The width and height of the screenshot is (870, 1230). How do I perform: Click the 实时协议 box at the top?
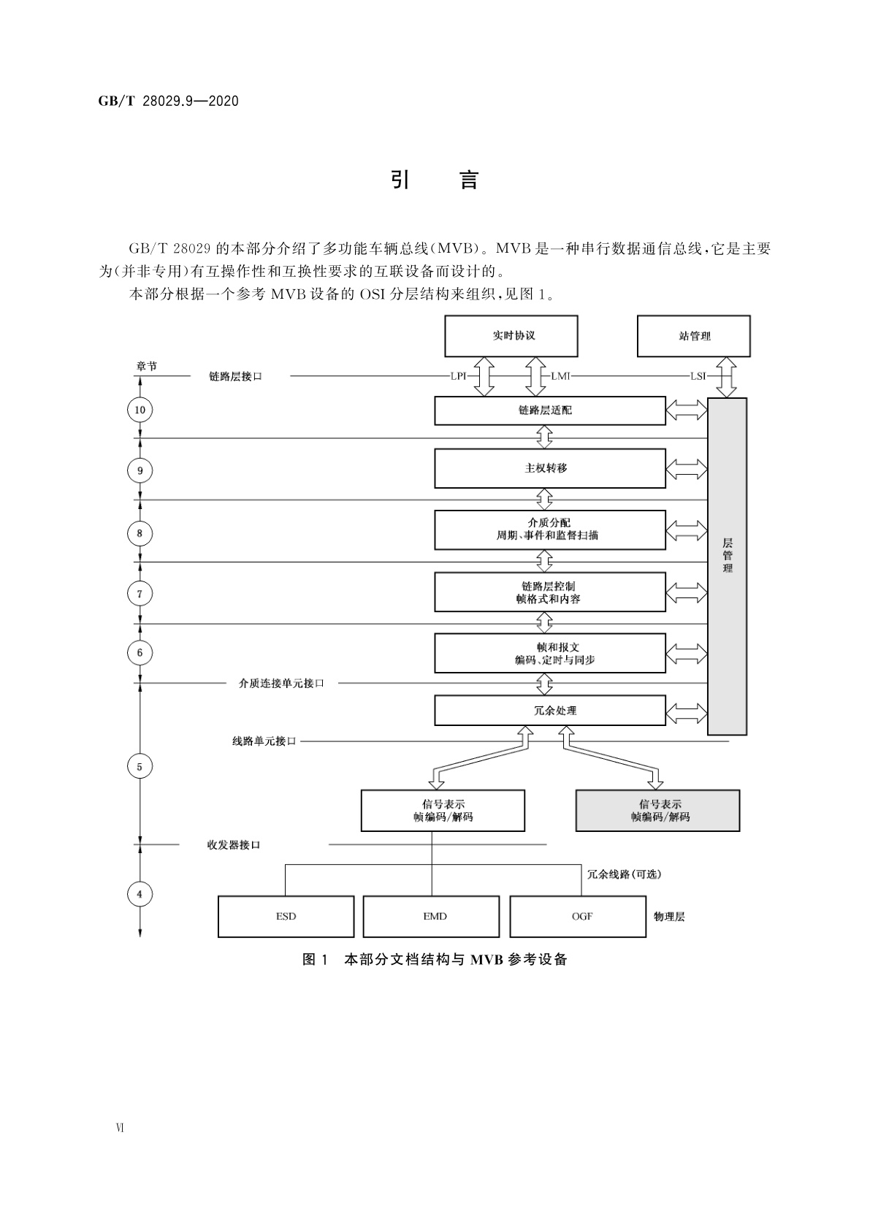point(511,336)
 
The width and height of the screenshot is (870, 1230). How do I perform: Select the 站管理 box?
point(693,336)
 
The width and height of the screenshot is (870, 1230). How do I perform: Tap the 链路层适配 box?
point(549,410)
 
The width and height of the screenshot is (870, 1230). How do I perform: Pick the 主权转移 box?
point(549,468)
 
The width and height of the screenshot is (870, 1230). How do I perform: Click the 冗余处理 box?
point(549,710)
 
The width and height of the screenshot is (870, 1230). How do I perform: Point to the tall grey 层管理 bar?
point(727,566)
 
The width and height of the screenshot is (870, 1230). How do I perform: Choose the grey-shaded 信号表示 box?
point(657,810)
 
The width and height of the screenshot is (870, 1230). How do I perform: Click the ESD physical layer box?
point(286,916)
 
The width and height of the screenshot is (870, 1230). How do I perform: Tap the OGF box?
point(578,916)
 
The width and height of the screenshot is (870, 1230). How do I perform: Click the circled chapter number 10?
point(140,410)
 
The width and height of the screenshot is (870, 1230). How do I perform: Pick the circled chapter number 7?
point(140,593)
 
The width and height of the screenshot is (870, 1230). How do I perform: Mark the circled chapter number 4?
point(140,893)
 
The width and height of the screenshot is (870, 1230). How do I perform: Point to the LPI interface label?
point(459,376)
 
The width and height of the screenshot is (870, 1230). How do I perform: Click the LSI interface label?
point(698,376)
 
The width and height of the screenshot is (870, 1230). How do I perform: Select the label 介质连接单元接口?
point(281,683)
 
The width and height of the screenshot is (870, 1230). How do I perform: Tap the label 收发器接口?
point(234,844)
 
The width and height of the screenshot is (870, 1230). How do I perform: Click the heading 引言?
point(435,180)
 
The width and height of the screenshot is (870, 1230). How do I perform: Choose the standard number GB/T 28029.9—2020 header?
point(169,102)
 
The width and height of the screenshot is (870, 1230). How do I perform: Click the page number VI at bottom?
point(120,1128)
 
